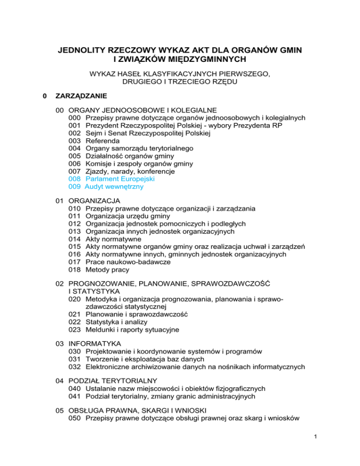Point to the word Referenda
pos(102,141)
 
